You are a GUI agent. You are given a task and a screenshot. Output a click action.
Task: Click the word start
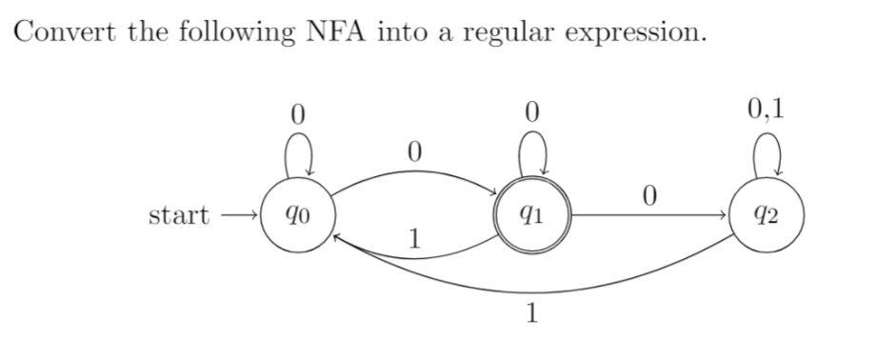179,215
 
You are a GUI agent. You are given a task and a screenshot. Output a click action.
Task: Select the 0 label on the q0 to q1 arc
412,150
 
